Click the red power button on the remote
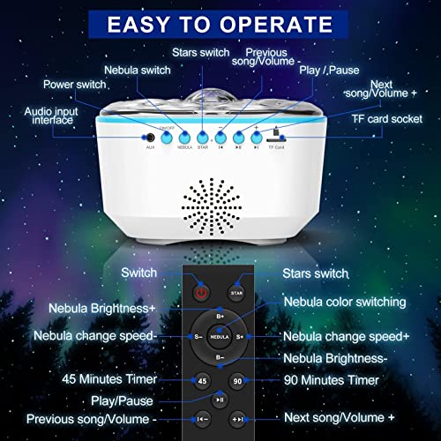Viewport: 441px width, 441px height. coord(203,292)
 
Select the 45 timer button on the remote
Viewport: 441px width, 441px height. coord(203,380)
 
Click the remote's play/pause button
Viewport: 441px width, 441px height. coord(220,400)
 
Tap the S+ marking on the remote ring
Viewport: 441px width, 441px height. coord(240,336)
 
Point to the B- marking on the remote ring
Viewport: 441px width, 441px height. coord(220,356)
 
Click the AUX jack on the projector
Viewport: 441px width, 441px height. coord(149,137)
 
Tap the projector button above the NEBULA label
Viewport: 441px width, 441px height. coord(184,137)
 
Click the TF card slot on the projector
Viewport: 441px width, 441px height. coord(276,135)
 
